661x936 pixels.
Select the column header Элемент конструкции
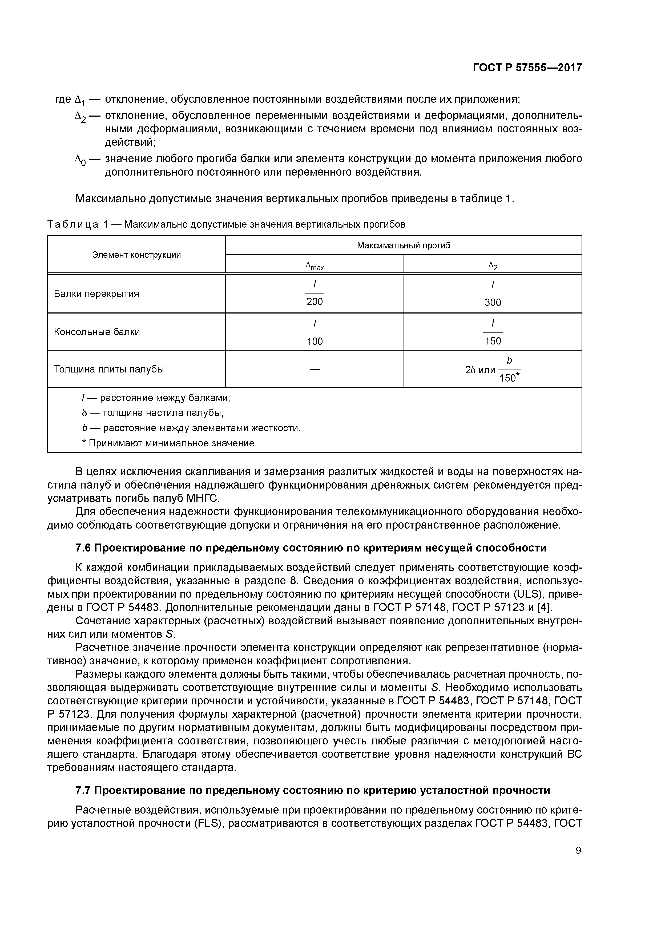(136, 255)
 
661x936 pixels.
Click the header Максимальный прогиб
(403, 245)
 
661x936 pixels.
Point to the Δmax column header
(315, 266)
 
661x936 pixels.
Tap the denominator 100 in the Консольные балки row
(315, 341)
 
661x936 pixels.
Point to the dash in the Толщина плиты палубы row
(315, 369)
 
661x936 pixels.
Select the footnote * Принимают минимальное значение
(170, 443)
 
